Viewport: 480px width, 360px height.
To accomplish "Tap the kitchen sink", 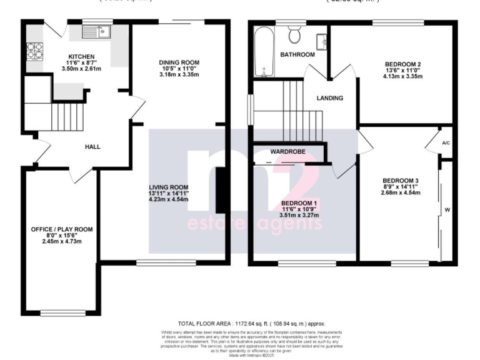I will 97,31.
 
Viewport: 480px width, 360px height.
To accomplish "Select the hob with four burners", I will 32,49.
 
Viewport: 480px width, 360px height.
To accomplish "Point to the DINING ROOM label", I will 179,62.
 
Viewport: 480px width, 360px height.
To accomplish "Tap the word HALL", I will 93,147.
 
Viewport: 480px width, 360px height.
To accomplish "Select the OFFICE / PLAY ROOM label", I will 62,229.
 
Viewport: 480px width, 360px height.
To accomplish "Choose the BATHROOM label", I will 297,55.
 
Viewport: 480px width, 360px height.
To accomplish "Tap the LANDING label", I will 329,98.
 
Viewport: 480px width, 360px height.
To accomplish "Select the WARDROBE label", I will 287,152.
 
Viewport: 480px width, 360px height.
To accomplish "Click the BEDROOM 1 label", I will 300,203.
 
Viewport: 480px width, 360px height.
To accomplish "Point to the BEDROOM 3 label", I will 400,181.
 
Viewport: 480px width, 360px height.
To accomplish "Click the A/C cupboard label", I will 446,142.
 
